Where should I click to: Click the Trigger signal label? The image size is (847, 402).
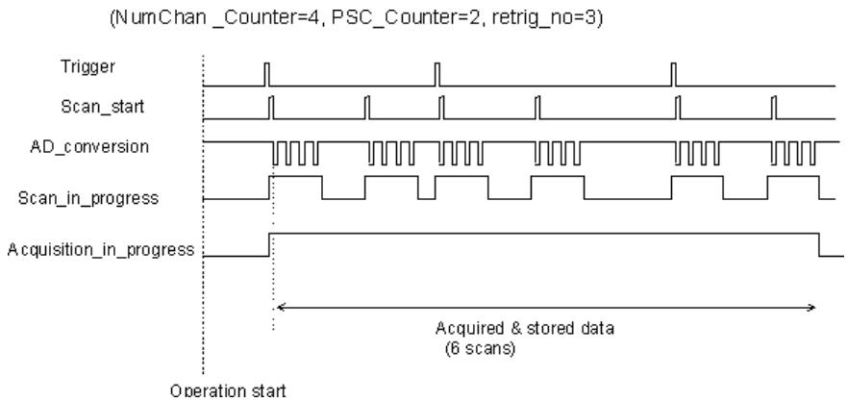[x=87, y=67]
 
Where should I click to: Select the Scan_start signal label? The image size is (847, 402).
[x=103, y=107]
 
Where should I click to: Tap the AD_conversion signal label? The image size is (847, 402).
[x=89, y=147]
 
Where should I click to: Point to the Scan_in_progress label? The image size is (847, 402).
[x=88, y=198]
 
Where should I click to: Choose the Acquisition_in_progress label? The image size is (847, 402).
[x=101, y=250]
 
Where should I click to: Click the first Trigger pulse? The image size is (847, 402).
[x=265, y=75]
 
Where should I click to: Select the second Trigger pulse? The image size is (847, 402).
[x=437, y=75]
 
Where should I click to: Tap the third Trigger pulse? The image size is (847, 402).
[x=674, y=75]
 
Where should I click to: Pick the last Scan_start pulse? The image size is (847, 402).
[x=774, y=108]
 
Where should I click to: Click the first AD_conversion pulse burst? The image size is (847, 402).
[x=295, y=153]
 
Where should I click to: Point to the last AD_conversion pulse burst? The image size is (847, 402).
[x=794, y=153]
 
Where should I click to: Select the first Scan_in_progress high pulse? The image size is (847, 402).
[x=295, y=176]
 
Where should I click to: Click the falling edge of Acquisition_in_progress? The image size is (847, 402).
[x=819, y=244]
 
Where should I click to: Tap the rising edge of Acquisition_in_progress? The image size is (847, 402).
[x=269, y=244]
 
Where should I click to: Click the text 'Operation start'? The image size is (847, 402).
[x=229, y=390]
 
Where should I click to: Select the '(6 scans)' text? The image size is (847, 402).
[x=481, y=348]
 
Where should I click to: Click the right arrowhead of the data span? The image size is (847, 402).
[x=810, y=308]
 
